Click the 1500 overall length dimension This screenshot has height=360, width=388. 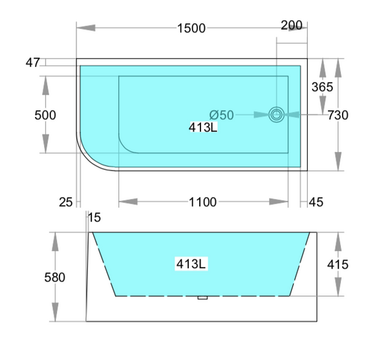pos(192,28)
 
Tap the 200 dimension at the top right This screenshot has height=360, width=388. pos(292,25)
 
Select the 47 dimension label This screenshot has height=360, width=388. pos(34,63)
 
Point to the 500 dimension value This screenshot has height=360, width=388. pos(45,115)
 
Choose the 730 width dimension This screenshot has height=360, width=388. pos(338,116)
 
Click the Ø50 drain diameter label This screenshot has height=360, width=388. pos(222,115)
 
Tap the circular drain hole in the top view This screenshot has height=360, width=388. pos(277,114)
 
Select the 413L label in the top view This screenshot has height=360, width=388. pos(202,127)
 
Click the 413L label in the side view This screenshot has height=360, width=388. pos(191,264)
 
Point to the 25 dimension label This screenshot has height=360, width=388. pos(66,202)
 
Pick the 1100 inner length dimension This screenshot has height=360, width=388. pos(202,202)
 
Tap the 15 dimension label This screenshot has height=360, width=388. pos(94,218)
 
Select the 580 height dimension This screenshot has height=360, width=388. pos(56,277)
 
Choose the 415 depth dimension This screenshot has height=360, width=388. pos(338,264)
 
